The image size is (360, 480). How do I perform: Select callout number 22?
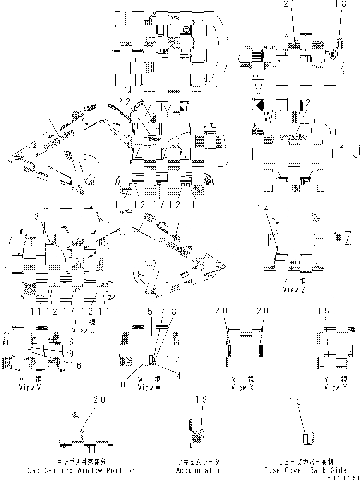[124, 102]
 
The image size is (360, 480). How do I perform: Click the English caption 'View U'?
[79, 330]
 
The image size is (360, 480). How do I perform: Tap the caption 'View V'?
[26, 388]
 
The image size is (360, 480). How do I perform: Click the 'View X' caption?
[242, 388]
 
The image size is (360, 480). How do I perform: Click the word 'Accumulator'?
[198, 470]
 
